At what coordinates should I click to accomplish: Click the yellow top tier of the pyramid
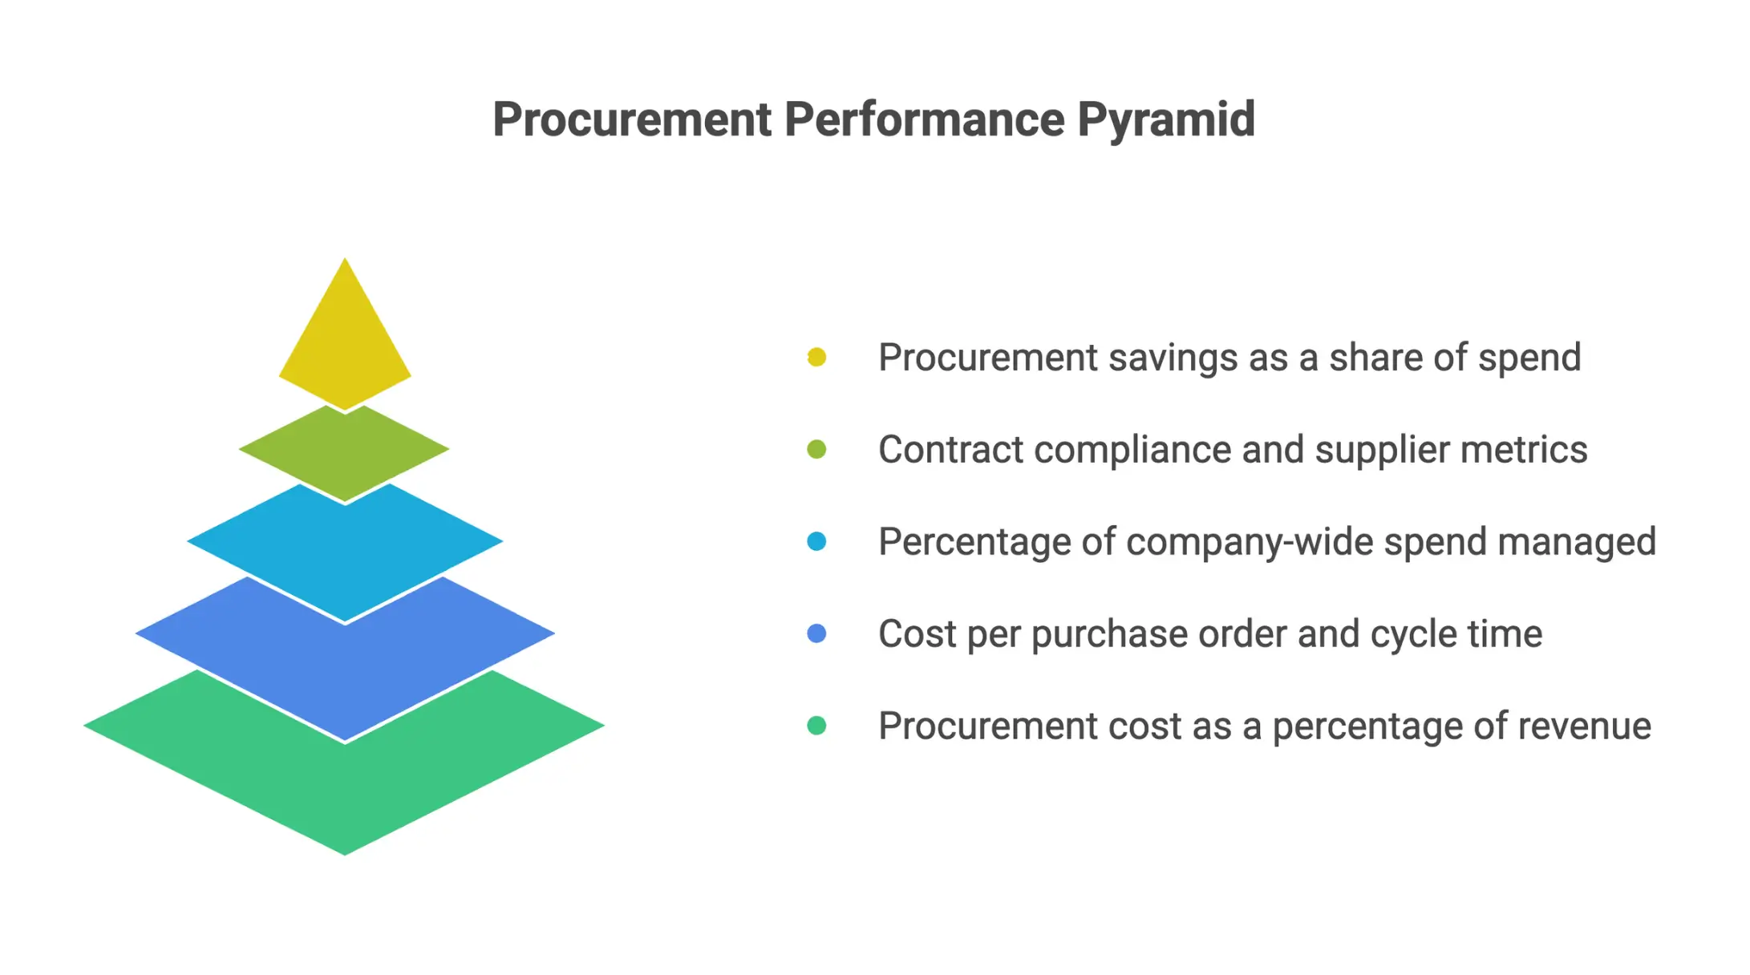pos(345,345)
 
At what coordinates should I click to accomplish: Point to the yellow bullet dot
pos(816,357)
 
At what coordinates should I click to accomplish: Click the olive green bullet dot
pos(816,449)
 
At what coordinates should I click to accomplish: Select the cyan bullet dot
pos(816,541)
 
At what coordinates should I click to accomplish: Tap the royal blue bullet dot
pos(816,633)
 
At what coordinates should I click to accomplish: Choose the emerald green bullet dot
pos(816,726)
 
